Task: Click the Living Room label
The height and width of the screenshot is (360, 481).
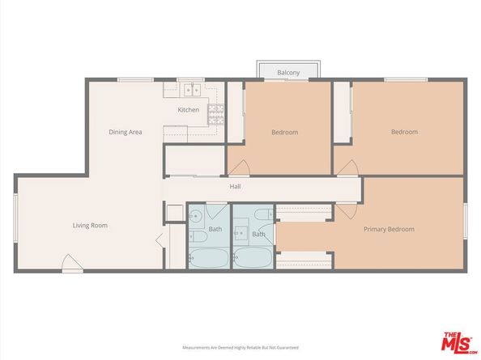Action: (90, 226)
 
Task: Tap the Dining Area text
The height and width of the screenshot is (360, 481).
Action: (126, 132)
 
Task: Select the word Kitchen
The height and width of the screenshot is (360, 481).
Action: (189, 110)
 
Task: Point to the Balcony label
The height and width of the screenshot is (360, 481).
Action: (288, 73)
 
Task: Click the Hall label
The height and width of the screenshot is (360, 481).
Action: (235, 187)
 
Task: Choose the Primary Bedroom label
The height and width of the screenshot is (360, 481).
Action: (388, 229)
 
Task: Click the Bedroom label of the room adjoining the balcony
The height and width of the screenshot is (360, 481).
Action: (284, 132)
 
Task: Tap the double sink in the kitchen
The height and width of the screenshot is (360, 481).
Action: (191, 89)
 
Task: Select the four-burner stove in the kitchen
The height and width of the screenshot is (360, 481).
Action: (215, 115)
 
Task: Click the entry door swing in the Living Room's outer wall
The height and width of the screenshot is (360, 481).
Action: (71, 262)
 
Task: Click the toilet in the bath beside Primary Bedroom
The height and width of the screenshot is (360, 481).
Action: (262, 215)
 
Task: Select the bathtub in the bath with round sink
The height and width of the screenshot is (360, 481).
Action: (207, 256)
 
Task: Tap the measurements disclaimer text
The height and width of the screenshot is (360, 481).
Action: (240, 347)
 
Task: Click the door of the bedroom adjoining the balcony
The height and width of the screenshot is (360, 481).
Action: (240, 167)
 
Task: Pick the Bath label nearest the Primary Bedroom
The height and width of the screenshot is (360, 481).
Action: (258, 234)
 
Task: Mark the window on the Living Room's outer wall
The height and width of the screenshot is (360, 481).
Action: (15, 218)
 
